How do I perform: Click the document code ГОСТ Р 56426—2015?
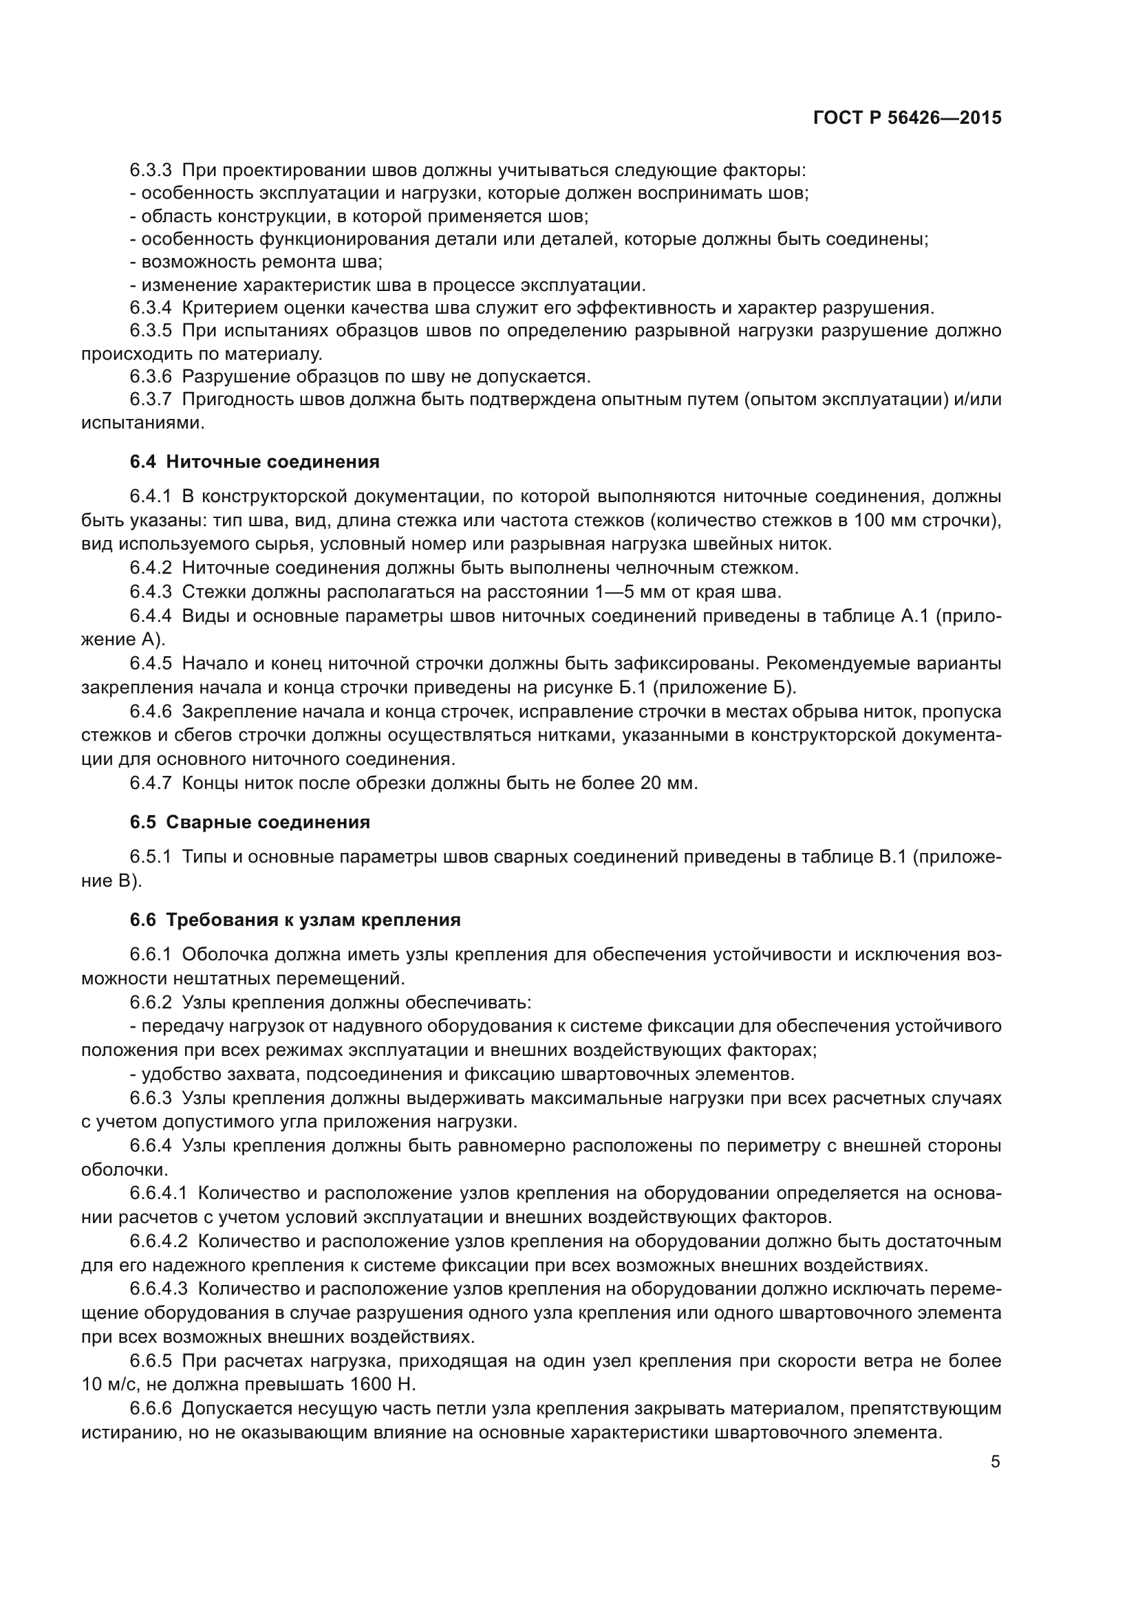(x=907, y=118)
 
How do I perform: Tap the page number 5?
(x=995, y=1462)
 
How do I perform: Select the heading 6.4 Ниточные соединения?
(x=255, y=462)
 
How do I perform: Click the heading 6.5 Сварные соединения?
(x=250, y=822)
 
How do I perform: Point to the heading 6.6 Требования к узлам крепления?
(x=295, y=920)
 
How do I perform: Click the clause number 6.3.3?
(x=150, y=171)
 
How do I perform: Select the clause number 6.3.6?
(x=150, y=376)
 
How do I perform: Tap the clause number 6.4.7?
(x=150, y=783)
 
